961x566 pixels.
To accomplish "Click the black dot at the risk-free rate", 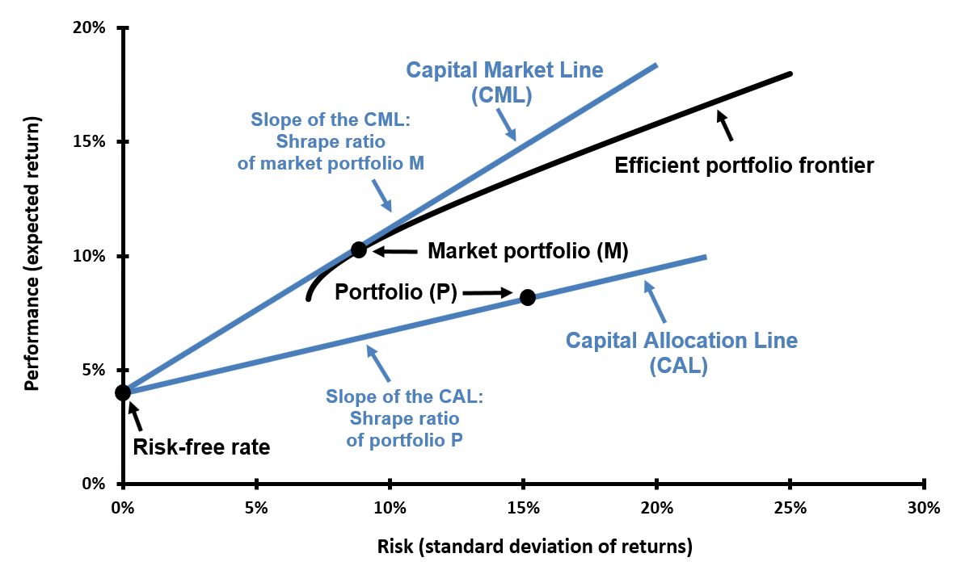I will pos(123,392).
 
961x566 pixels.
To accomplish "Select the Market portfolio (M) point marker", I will pos(359,250).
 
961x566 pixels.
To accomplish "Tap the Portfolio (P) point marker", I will pos(528,297).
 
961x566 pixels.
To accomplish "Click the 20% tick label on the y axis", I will pos(90,28).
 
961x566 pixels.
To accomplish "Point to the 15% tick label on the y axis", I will pos(90,142).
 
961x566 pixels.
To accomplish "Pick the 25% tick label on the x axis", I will pos(790,509).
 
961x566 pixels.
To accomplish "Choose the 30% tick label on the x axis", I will pos(923,509).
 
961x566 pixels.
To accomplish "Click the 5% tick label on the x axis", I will pos(256,509).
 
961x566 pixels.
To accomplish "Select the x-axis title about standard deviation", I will pos(535,547).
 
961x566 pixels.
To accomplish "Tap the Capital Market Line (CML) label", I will pos(504,82).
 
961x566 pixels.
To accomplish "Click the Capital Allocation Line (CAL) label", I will pos(681,353).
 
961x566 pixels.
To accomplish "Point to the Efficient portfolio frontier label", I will pos(744,166).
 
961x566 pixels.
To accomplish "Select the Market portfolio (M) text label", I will pos(528,251).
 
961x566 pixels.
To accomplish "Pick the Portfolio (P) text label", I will pos(396,291).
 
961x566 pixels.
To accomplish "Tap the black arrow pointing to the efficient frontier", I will pos(724,125).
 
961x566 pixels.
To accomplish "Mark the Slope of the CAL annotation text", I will pos(404,419).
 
